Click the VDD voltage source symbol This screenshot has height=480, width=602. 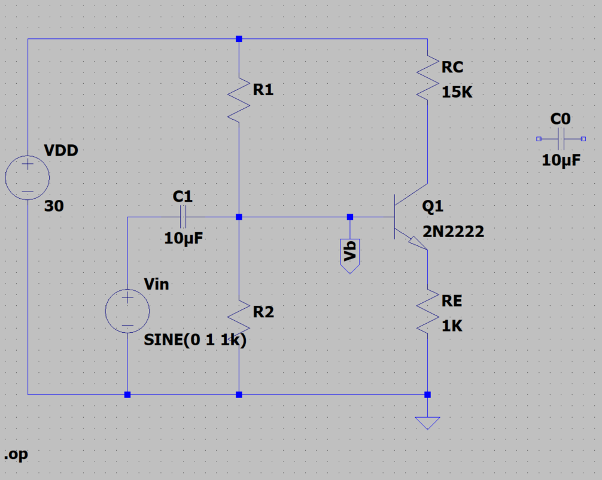tap(28, 178)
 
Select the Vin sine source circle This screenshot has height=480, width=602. tap(127, 311)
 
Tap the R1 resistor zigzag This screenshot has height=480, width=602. tap(239, 99)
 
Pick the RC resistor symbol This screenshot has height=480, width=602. tap(427, 77)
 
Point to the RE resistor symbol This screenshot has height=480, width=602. tap(427, 311)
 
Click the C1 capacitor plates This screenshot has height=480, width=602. tap(183, 217)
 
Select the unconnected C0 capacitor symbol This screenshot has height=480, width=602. tap(561, 139)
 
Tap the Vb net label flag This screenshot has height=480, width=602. tap(350, 254)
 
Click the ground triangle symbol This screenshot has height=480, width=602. tap(427, 423)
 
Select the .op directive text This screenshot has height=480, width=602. tap(16, 455)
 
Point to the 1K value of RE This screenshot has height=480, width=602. tap(452, 326)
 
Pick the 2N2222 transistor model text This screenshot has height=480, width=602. tap(453, 231)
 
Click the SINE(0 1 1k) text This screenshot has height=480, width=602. tap(195, 340)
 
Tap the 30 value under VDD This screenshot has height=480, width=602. tap(54, 206)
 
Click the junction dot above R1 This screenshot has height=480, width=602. tap(239, 39)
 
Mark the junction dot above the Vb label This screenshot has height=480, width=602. tap(350, 217)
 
